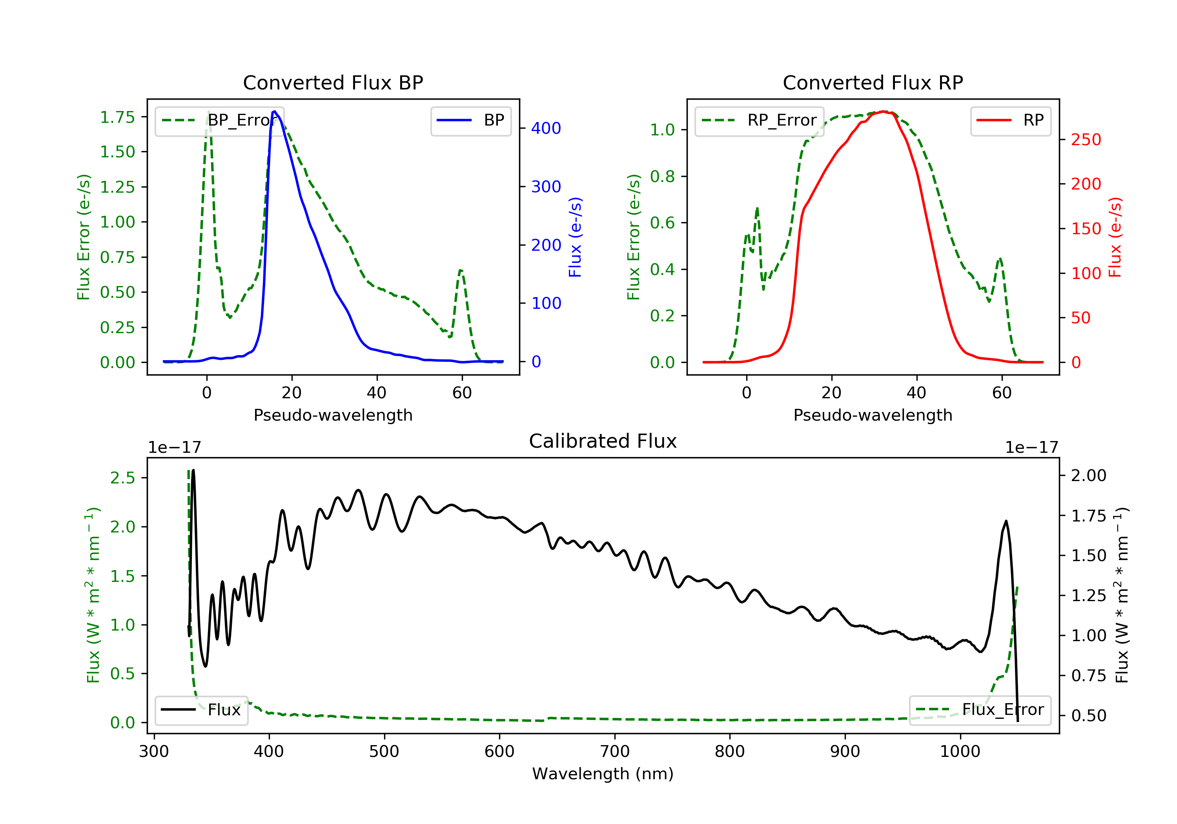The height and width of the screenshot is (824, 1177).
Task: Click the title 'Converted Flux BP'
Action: click(333, 82)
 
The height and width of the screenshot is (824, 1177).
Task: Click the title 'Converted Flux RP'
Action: click(873, 82)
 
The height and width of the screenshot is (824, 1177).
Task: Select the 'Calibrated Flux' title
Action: click(603, 441)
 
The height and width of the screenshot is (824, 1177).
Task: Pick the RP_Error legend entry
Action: click(759, 120)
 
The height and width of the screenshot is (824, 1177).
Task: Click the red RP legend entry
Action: click(1010, 120)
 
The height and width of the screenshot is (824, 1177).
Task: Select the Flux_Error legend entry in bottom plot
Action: click(980, 710)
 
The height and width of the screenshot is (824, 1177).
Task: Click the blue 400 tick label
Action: click(546, 128)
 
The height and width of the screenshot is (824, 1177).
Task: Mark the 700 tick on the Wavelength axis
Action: click(615, 751)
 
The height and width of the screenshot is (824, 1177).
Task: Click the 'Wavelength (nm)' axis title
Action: click(603, 774)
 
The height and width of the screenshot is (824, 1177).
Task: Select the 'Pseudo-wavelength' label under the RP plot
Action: click(873, 415)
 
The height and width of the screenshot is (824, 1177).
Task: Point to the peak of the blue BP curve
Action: click(275, 111)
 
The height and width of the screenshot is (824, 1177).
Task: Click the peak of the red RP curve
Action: click(883, 111)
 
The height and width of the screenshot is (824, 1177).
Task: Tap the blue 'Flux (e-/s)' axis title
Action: click(575, 237)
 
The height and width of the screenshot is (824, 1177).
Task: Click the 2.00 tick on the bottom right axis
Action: click(1089, 475)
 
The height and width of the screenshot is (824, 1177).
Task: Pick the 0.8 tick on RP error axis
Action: click(662, 177)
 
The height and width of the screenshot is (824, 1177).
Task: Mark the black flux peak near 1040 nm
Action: click(1006, 521)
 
